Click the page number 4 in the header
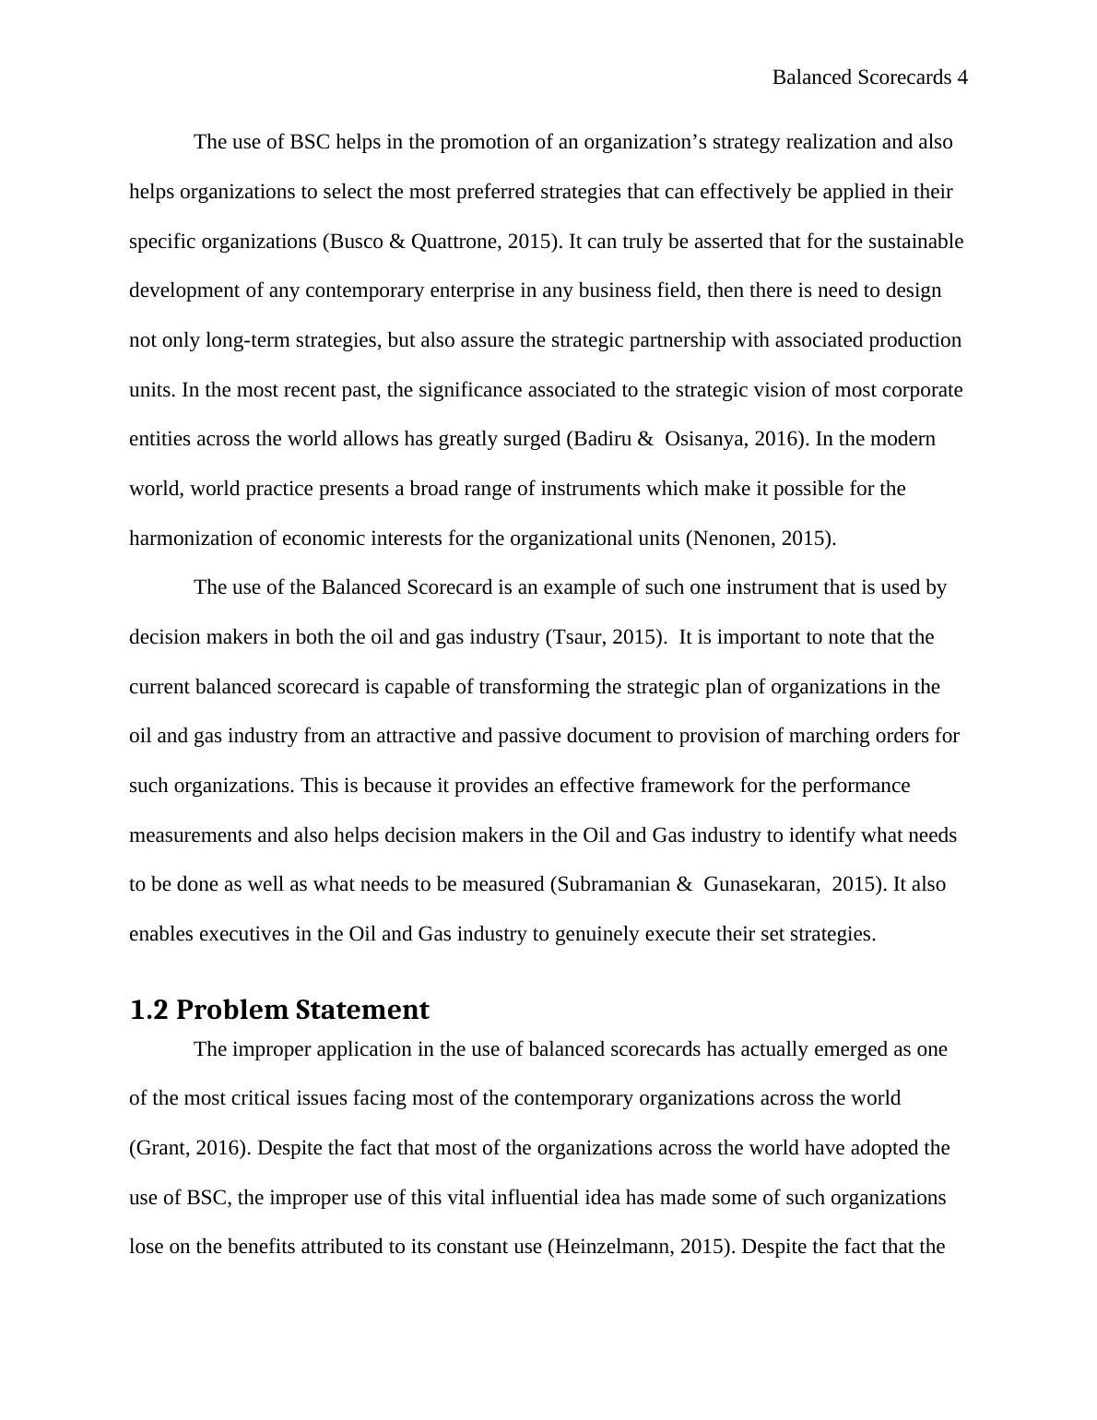962,77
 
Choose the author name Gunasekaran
761,884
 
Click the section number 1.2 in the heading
148,1010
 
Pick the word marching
765,736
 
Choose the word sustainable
914,242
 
